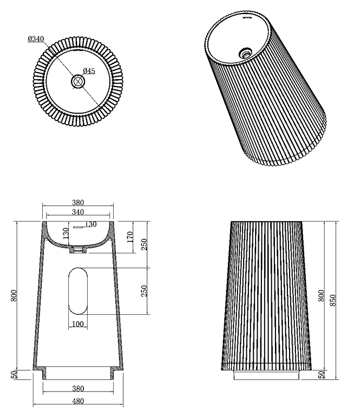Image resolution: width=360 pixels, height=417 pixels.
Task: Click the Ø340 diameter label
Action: [35, 39]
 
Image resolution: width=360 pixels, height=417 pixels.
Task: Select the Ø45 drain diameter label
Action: [89, 71]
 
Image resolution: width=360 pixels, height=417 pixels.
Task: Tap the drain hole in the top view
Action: [78, 81]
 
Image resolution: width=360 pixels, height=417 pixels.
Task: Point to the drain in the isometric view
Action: [245, 53]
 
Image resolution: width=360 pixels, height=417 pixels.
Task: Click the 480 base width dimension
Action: [78, 401]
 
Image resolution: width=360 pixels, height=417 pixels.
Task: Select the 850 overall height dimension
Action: [333, 300]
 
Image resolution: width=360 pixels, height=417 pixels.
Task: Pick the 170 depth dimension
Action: [130, 237]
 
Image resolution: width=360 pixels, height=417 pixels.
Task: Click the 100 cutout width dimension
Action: [78, 324]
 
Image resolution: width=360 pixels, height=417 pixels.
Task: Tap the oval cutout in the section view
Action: [78, 291]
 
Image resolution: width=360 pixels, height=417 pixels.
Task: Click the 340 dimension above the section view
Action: [78, 212]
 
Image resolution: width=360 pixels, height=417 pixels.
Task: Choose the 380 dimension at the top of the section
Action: [78, 203]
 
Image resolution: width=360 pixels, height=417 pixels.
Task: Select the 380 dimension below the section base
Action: [78, 388]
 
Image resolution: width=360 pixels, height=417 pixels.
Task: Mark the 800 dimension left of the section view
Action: [14, 296]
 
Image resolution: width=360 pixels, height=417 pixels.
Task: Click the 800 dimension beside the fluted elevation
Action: [321, 296]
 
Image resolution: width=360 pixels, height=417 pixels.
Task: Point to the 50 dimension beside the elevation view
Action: [322, 374]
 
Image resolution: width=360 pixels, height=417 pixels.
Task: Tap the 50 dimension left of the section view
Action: [15, 374]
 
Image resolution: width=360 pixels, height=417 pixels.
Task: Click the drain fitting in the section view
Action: [78, 250]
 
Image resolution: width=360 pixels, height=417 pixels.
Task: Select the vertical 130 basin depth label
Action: [66, 233]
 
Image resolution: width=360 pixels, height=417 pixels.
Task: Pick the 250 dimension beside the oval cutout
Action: [144, 291]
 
